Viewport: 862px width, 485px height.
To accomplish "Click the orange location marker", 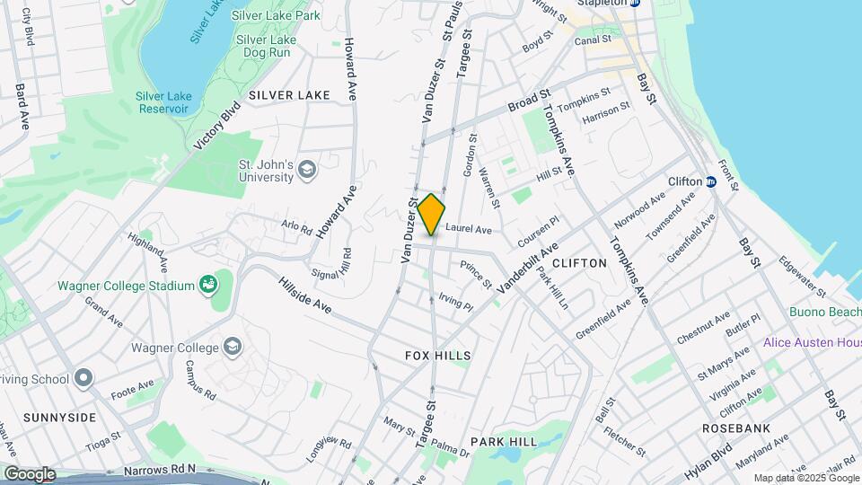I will click(431, 215).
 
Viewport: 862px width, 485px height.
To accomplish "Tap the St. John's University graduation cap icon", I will click(307, 170).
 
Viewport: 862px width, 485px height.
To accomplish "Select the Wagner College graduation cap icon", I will click(233, 348).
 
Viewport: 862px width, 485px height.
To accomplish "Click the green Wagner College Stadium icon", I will click(209, 286).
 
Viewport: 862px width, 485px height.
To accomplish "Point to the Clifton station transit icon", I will click(710, 181).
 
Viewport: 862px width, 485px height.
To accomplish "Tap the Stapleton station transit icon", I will click(634, 3).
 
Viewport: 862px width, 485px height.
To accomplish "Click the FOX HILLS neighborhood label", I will click(437, 357).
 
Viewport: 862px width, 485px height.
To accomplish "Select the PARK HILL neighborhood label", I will click(504, 442).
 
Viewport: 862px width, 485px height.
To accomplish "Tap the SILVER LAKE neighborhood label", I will click(289, 94).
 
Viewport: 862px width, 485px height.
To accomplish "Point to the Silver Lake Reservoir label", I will click(163, 102).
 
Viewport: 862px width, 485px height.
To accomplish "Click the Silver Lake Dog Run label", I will click(262, 46).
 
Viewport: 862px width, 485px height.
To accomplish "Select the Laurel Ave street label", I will click(469, 230).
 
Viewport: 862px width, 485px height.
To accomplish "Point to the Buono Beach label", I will click(824, 313).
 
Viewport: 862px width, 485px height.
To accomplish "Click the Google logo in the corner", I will click(29, 473).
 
